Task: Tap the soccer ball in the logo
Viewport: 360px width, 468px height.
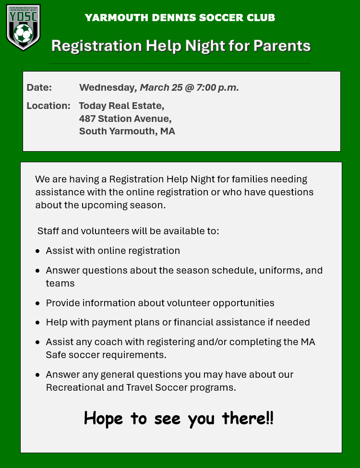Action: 23,34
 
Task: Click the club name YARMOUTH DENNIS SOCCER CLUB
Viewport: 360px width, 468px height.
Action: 180,18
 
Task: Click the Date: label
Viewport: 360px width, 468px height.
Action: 39,88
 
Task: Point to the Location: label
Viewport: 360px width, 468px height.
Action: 48,106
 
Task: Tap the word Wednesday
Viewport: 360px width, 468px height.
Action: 108,88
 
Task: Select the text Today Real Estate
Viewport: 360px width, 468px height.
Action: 121,106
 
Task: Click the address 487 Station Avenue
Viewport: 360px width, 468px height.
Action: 125,119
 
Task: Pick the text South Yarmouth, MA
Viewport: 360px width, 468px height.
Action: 127,131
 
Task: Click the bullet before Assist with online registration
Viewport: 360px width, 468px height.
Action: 38,251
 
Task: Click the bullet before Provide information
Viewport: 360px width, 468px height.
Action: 38,304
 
